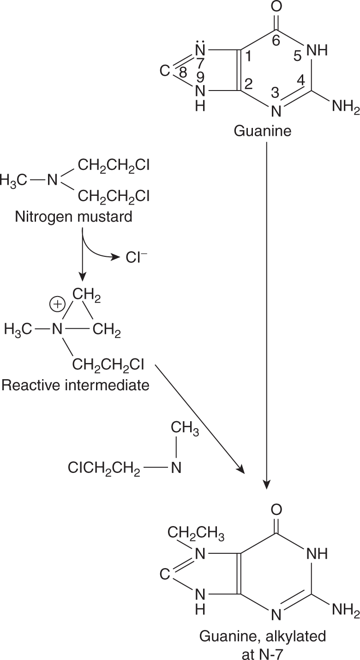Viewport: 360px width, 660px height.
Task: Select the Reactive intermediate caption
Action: coord(76,385)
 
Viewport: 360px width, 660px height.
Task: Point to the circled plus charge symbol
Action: coord(58,305)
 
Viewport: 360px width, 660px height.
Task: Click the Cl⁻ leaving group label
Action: coord(135,257)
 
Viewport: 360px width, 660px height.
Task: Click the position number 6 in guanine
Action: coord(276,41)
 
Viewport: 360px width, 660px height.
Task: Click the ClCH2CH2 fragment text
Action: coord(104,469)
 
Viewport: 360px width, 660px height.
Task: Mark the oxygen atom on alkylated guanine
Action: coord(276,510)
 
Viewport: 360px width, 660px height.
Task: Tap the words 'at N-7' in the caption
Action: coord(263,651)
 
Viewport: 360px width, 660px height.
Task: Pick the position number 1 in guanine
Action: coord(248,57)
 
